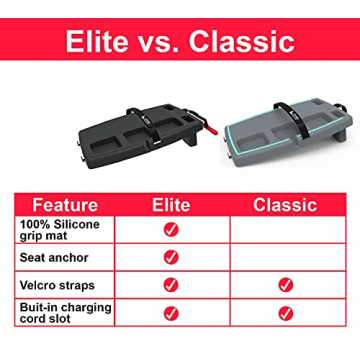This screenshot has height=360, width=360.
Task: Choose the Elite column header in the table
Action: coord(171,205)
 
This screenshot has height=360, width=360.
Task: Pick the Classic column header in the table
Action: coord(285,205)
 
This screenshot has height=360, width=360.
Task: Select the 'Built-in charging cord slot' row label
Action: coord(62,313)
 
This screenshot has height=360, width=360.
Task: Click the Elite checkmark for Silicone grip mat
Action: coord(171,230)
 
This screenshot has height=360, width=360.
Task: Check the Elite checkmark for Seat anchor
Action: coord(171,258)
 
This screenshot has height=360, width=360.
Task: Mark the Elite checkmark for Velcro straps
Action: coord(171,285)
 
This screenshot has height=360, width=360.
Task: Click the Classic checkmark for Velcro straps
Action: coord(286,285)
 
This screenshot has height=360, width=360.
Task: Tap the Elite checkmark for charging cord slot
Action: coord(171,313)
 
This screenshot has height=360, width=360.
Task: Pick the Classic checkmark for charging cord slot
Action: coord(286,313)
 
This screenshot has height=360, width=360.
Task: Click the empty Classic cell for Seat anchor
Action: coord(286,258)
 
